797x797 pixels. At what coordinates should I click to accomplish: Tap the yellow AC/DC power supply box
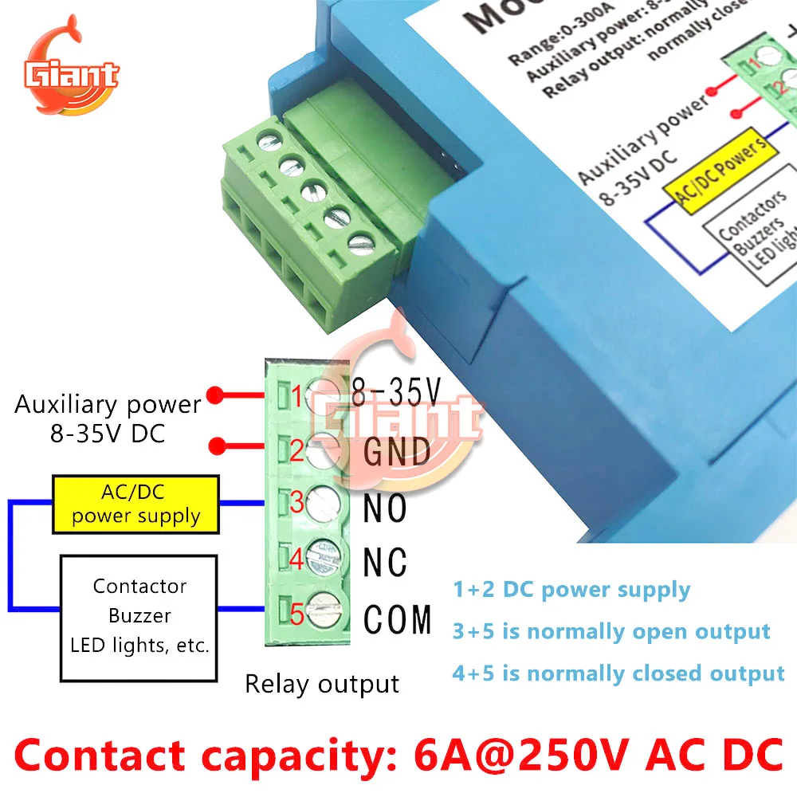135,504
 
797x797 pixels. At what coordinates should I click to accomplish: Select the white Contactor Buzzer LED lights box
139,615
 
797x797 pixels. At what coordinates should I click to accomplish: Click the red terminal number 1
296,394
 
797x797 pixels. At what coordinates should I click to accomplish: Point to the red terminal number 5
296,615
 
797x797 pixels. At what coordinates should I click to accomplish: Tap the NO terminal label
385,508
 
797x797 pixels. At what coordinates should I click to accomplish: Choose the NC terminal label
385,562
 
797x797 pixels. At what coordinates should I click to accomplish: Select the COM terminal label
398,619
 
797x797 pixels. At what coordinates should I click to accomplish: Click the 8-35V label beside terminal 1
396,391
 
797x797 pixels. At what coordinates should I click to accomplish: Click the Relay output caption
321,684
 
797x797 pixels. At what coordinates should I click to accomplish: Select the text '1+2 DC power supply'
571,590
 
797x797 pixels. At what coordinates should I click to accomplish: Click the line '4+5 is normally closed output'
618,673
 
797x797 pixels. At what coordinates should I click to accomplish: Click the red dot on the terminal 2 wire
213,446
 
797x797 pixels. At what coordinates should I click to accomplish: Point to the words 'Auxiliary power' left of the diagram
108,404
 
